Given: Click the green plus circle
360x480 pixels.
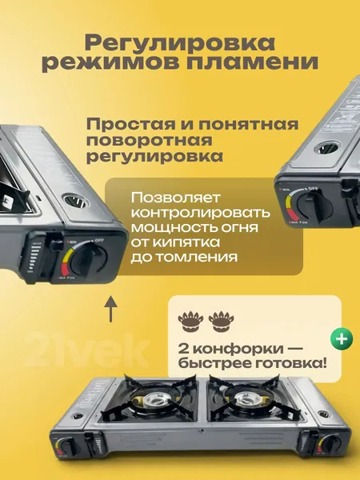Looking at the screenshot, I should (x=342, y=339).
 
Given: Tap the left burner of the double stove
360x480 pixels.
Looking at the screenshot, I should (x=152, y=399).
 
